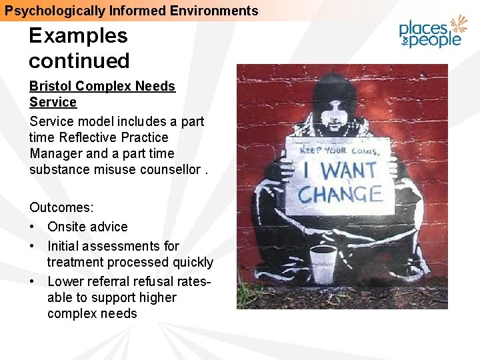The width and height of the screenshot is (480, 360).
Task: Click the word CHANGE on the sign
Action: pyautogui.click(x=339, y=195)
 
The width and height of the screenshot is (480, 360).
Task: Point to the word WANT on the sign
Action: pyautogui.click(x=349, y=170)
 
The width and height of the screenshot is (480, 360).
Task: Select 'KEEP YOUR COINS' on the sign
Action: pyautogui.click(x=339, y=151)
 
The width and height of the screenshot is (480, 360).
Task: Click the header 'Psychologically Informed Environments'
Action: pyautogui.click(x=131, y=11)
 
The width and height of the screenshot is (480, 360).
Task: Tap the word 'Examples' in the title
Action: pyautogui.click(x=78, y=35)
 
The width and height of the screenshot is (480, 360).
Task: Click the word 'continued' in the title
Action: pyautogui.click(x=79, y=61)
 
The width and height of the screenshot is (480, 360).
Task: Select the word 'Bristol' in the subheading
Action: pyautogui.click(x=50, y=86)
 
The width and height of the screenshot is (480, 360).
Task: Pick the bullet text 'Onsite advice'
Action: pyautogui.click(x=87, y=227)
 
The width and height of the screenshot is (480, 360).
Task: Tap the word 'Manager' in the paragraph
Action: pyautogui.click(x=56, y=153)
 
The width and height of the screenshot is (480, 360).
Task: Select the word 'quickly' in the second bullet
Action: pyautogui.click(x=191, y=262)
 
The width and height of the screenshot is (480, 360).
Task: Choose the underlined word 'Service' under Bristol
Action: pyautogui.click(x=53, y=102)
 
